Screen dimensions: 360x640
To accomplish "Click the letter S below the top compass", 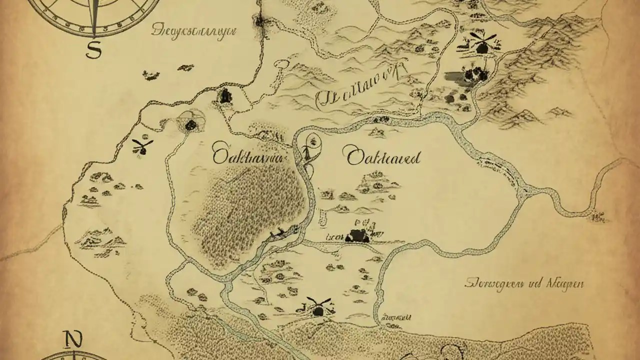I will coord(93,49).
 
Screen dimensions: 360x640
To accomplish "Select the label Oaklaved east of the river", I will coord(383,157).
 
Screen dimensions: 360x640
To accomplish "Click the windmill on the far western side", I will coord(142,146).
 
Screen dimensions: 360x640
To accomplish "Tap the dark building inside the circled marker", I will coord(190,124).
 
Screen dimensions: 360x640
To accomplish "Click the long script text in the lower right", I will coord(524,284).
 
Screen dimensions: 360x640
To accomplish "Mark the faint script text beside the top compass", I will coord(194,31).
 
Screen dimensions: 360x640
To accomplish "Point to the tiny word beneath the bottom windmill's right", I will coord(397,317).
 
